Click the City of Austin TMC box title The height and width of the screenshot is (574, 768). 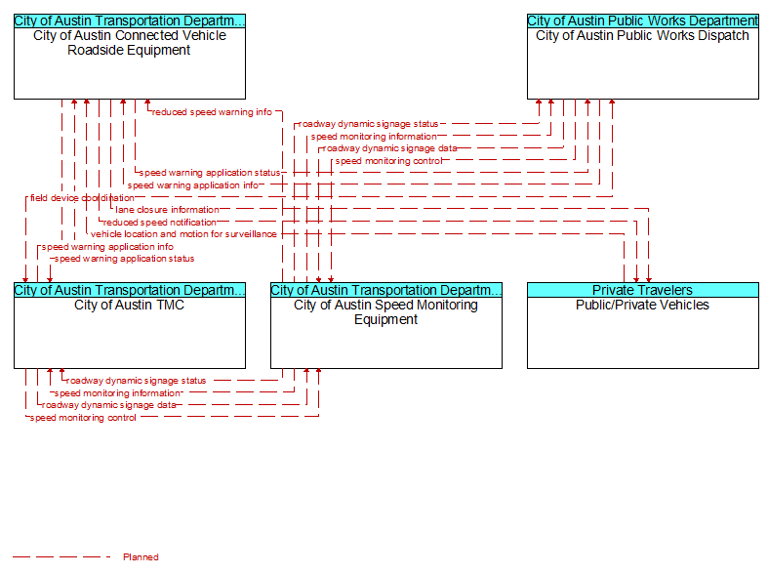[130, 305]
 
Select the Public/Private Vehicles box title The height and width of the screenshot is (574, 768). [643, 305]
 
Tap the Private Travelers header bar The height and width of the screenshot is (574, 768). [643, 290]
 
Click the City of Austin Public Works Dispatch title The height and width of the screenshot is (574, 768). [643, 35]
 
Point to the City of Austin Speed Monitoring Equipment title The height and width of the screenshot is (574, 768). [386, 312]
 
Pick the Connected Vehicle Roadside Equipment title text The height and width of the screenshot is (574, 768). [130, 43]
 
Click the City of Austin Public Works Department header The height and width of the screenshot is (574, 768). [643, 20]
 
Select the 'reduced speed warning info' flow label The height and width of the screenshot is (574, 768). [212, 112]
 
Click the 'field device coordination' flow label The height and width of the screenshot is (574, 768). [82, 198]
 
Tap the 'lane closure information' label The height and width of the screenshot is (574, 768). [168, 210]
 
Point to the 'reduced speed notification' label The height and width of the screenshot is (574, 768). [160, 223]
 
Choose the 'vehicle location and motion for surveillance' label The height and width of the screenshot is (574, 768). [183, 234]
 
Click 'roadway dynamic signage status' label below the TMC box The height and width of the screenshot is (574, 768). [137, 381]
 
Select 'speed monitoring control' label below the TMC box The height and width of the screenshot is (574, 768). [83, 418]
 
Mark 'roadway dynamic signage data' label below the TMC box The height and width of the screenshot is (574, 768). [108, 405]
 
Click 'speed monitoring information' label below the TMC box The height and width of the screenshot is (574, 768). [117, 393]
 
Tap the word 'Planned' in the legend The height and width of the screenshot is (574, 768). [141, 556]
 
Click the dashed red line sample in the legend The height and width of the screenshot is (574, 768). [61, 556]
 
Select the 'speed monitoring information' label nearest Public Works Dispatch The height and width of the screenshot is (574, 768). [374, 137]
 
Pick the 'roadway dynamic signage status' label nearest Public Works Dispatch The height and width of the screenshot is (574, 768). [368, 124]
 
